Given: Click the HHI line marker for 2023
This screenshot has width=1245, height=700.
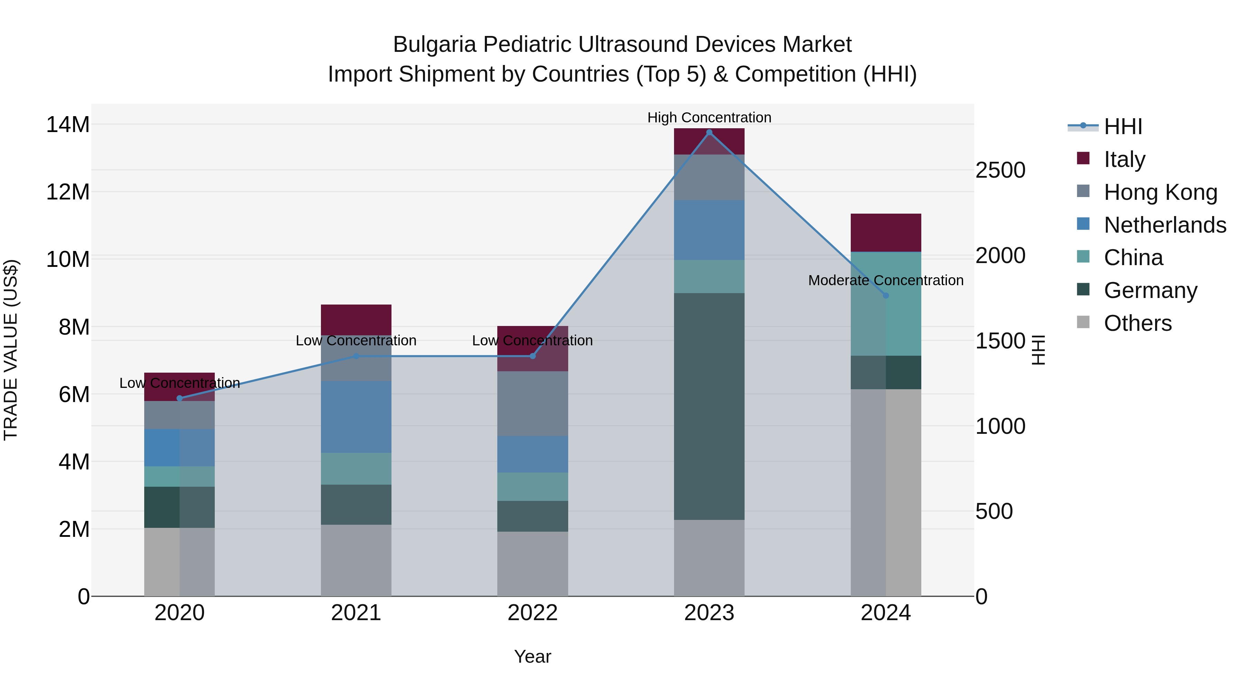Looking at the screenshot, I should click(709, 132).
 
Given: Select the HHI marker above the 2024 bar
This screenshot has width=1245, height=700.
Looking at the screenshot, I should click(885, 296).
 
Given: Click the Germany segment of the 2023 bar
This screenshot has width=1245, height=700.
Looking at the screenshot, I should click(709, 406).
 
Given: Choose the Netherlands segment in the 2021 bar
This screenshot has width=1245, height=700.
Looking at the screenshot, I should click(356, 417).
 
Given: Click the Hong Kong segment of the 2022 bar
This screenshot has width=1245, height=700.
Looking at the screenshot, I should click(532, 403).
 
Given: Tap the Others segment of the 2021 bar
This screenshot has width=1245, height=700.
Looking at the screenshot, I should click(356, 560).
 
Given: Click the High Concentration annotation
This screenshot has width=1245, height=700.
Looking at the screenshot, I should click(709, 118).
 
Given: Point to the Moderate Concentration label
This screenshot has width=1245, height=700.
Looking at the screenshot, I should click(885, 280).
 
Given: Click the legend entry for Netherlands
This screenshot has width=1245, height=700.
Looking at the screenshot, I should click(1165, 225).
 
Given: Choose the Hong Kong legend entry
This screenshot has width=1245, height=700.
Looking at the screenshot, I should click(1160, 192).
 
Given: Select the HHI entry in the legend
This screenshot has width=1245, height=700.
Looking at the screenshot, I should click(1123, 127).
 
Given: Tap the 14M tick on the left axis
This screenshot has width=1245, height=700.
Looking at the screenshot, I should click(68, 125).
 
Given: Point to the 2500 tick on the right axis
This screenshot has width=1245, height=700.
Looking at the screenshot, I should click(1000, 170).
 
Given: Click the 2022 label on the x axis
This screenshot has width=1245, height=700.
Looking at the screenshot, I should click(532, 613).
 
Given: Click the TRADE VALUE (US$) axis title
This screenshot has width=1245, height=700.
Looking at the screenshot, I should click(11, 350).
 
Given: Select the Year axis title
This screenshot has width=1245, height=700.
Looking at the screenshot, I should click(532, 656).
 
